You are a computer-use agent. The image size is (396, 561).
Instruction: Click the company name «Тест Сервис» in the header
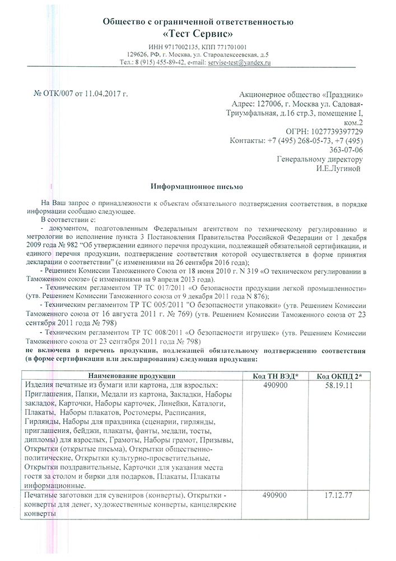(198, 34)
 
